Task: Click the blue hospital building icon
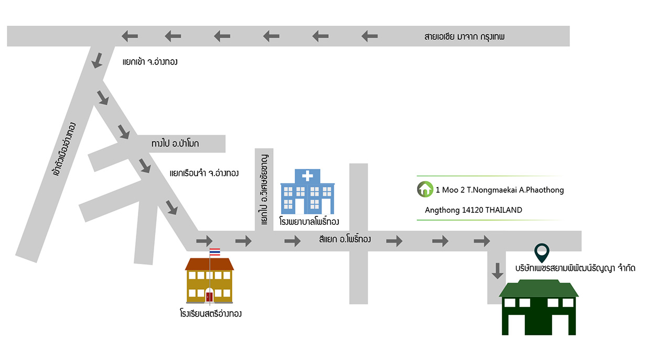(307, 192)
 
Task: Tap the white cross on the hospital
(307, 176)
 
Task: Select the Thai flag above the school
(215, 252)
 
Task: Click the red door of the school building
(209, 297)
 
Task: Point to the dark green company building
(539, 308)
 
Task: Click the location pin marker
(542, 253)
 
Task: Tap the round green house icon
(425, 189)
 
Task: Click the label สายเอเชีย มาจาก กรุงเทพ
(464, 37)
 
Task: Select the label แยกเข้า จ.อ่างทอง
(150, 62)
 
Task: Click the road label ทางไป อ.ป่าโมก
(175, 143)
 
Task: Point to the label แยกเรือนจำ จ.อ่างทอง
(204, 173)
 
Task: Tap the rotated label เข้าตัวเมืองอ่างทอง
(64, 149)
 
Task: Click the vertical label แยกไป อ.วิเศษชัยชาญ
(264, 190)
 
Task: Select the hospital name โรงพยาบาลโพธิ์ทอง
(309, 222)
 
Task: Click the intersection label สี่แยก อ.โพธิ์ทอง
(345, 239)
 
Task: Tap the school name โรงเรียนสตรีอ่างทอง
(211, 313)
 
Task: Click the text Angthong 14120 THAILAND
(474, 210)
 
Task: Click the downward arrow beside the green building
(497, 271)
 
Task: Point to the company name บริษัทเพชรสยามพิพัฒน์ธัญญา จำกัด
(575, 268)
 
